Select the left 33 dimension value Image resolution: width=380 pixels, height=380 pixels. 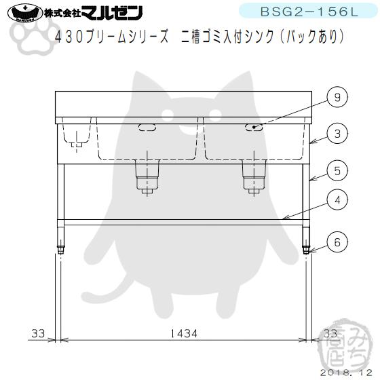[x=37, y=334]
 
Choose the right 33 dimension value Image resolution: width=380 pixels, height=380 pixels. [x=330, y=334]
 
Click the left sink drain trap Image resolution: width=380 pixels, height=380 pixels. [x=147, y=176]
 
